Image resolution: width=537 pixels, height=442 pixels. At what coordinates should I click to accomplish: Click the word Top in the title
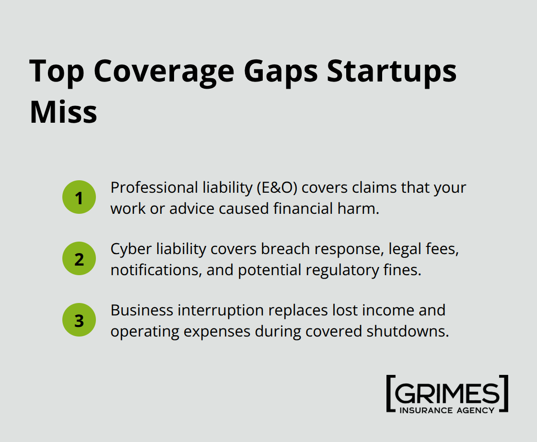click(57, 71)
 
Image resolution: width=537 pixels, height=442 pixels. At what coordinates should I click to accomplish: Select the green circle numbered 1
click(79, 197)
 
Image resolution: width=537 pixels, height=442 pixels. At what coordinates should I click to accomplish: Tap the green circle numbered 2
click(79, 258)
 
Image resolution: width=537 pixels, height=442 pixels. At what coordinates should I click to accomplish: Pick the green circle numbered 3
click(79, 320)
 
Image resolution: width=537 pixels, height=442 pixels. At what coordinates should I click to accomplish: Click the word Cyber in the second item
click(130, 249)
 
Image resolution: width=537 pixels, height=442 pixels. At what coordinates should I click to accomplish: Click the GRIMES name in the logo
click(447, 393)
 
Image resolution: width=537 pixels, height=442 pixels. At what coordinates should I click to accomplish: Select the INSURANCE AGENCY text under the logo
click(447, 410)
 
